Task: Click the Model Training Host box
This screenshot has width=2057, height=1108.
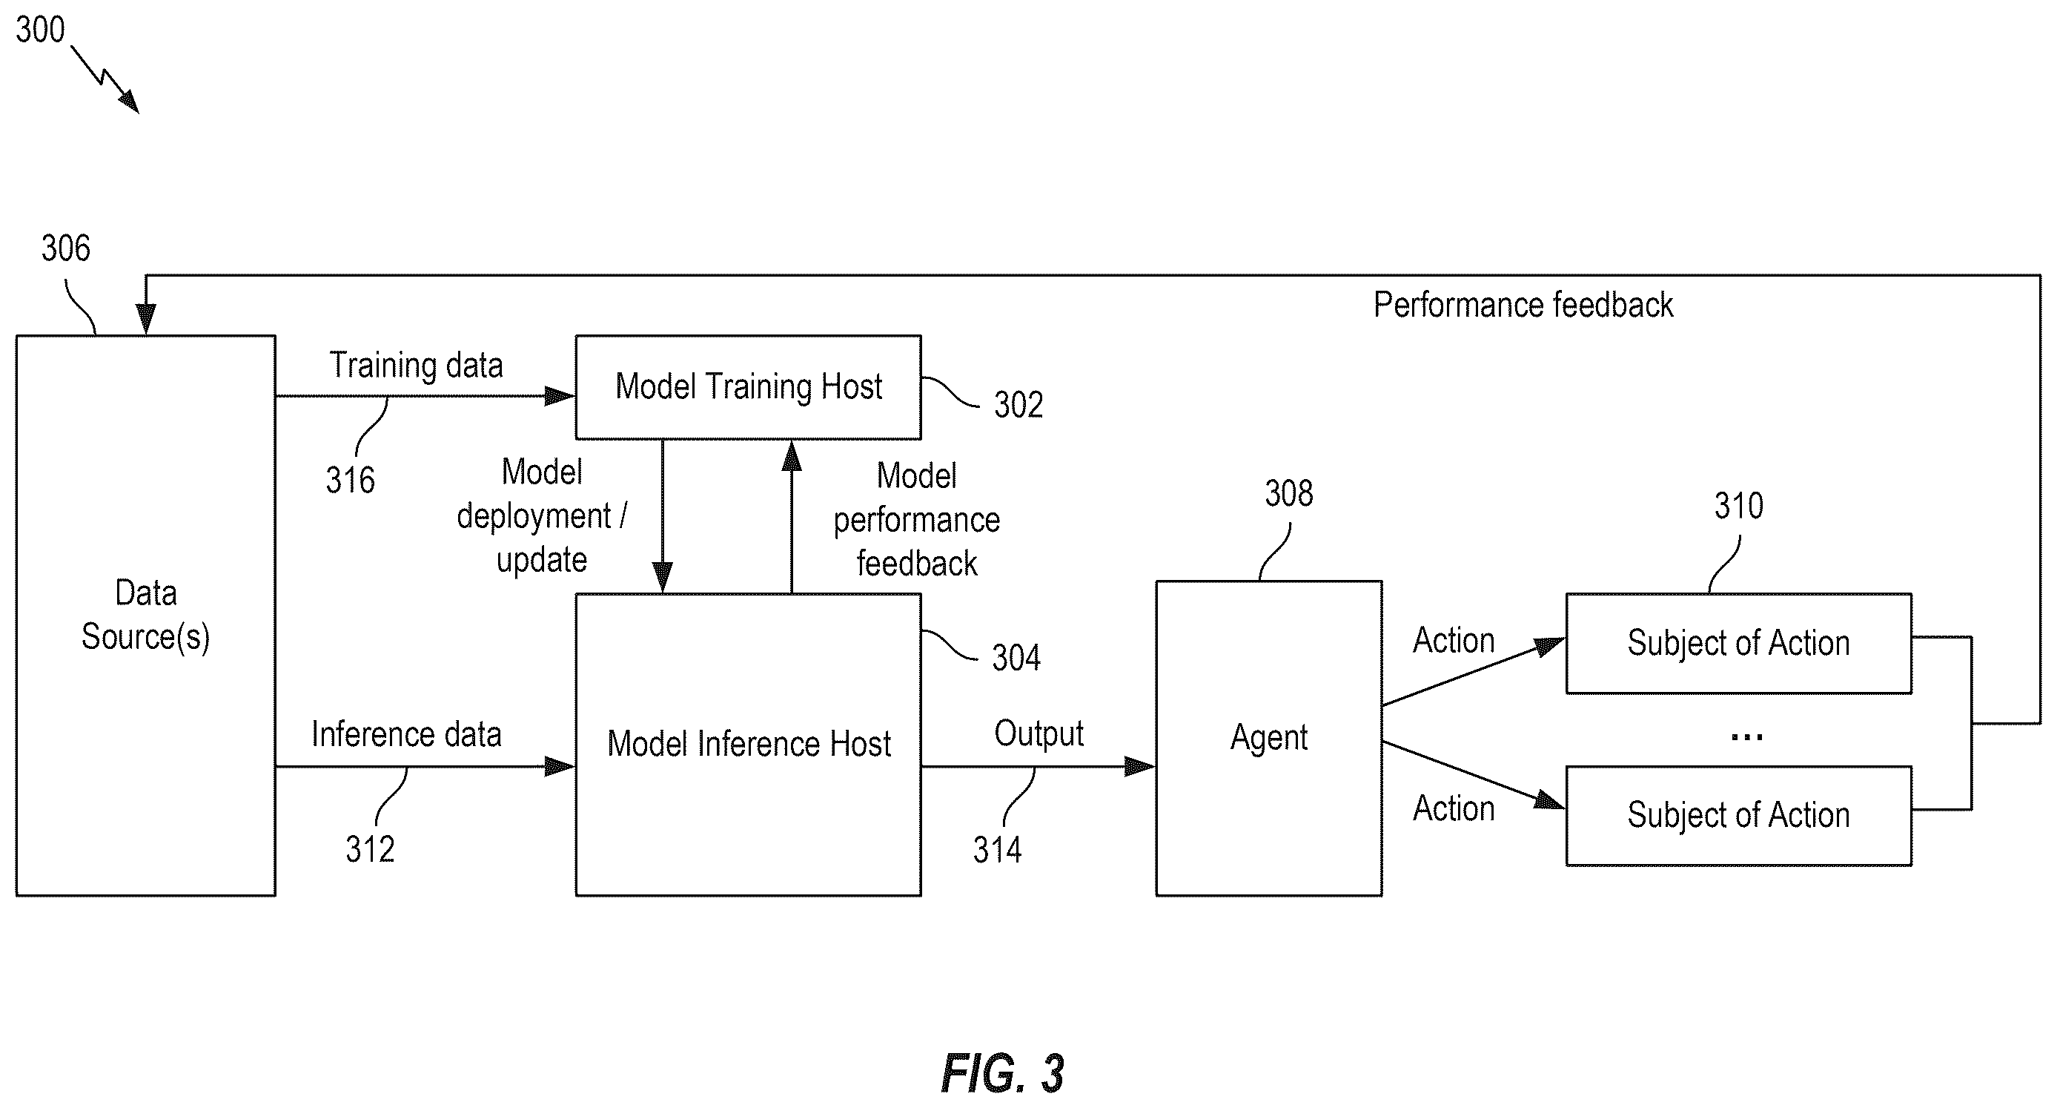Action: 748,386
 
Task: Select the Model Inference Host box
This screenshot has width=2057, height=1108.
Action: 748,744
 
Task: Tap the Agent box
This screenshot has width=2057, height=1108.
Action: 1269,738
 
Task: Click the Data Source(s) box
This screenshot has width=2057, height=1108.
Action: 145,615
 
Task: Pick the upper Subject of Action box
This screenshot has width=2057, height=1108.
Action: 1738,643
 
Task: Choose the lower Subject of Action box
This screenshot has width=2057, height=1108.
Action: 1738,816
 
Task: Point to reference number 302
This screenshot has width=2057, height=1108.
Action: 1018,405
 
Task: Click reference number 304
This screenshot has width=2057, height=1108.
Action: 1016,659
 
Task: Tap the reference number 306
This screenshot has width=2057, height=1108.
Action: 65,248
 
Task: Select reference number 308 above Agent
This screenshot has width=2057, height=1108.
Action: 1289,494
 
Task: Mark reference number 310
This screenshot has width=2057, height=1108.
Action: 1738,506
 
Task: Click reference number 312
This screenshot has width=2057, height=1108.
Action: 370,849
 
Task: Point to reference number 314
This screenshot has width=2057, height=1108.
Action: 997,850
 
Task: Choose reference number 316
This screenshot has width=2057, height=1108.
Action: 350,480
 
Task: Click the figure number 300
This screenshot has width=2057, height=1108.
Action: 40,30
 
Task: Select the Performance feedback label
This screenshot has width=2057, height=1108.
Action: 1523,305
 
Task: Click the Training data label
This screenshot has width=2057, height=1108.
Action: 416,366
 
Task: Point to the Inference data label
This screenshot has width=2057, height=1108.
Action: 406,734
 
